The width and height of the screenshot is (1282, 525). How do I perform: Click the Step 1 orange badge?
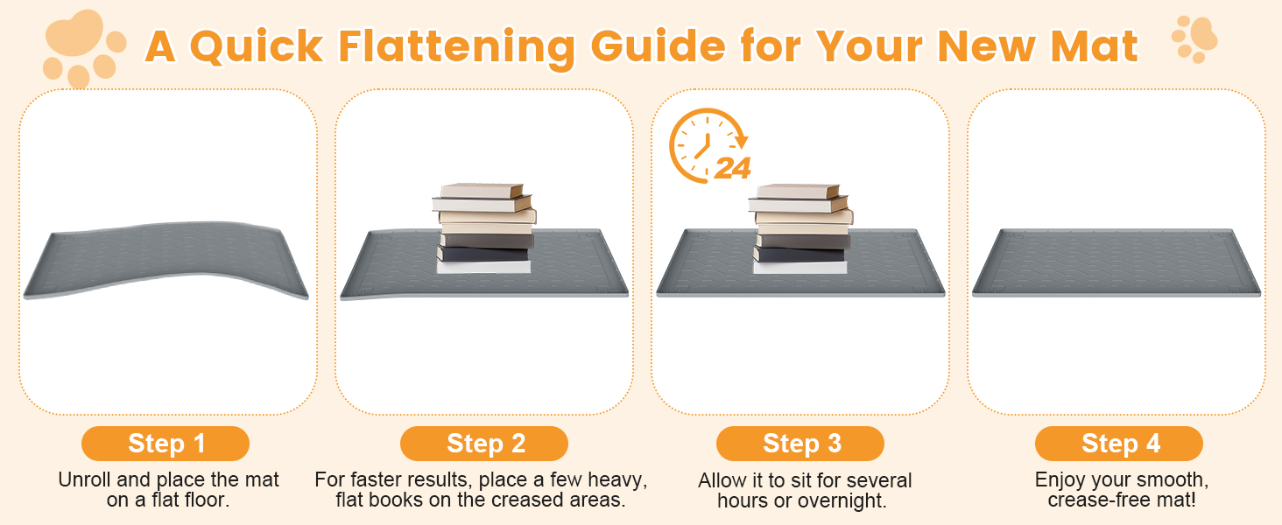click(x=166, y=444)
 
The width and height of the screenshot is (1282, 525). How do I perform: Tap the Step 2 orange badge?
click(x=484, y=444)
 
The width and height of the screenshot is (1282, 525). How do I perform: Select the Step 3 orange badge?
click(x=800, y=444)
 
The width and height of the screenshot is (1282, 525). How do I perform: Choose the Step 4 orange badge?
click(x=1119, y=444)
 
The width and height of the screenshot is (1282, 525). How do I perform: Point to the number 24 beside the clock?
click(x=733, y=169)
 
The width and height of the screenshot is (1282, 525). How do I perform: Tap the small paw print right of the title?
click(x=1194, y=38)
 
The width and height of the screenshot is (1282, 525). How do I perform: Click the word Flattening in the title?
click(x=457, y=48)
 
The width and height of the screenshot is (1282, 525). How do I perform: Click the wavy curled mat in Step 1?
click(x=166, y=260)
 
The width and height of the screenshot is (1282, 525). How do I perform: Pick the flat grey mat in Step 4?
click(x=1116, y=263)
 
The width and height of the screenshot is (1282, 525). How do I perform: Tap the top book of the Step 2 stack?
click(x=482, y=191)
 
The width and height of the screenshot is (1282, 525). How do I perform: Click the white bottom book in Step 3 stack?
click(x=800, y=267)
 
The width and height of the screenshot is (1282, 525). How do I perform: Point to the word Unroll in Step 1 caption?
click(x=85, y=479)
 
